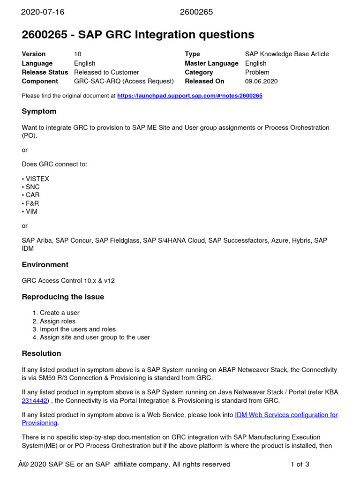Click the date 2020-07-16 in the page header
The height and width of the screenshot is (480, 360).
pos(43,12)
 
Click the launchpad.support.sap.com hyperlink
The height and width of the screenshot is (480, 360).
pos(189,96)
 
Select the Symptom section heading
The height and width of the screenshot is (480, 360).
pos(39,112)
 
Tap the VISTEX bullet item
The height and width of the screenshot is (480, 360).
pos(37,179)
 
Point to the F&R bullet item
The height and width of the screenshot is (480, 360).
pos(31,203)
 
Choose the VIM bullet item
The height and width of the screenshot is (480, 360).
pos(31,211)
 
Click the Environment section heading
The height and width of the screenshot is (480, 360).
pos(45,265)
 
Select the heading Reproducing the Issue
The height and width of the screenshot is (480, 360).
pos(63,297)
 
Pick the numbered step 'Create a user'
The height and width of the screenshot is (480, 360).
pos(60,313)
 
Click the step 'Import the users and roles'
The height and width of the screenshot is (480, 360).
pos(77,329)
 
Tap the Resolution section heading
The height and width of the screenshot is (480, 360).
pos(41,353)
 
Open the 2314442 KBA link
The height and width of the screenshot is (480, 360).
pos(35,401)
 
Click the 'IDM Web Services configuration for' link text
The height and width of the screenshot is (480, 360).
pos(286,415)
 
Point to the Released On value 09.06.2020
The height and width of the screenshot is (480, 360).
pos(261,82)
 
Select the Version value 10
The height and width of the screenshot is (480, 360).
pos(78,54)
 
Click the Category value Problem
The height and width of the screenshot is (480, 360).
pos(257,73)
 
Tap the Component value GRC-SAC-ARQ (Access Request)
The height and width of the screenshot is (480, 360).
pos(124,82)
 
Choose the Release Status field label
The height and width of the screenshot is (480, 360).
pos(45,73)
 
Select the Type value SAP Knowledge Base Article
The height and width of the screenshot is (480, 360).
pos(287,54)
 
